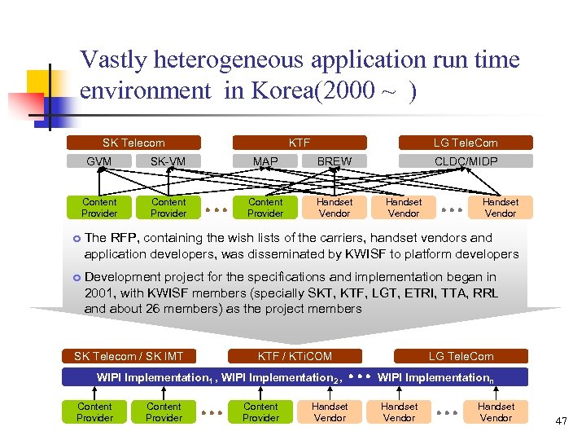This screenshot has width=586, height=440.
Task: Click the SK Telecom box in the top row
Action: pyautogui.click(x=133, y=143)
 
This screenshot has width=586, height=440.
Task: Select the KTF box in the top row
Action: pyautogui.click(x=300, y=143)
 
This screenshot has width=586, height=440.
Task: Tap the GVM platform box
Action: pyautogui.click(x=98, y=161)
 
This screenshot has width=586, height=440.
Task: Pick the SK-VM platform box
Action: pyautogui.click(x=168, y=161)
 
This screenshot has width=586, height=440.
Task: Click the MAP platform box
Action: pyautogui.click(x=265, y=161)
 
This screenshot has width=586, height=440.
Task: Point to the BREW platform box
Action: pyautogui.click(x=334, y=161)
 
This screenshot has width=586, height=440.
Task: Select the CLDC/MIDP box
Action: pyautogui.click(x=466, y=161)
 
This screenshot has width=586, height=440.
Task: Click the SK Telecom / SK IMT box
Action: pyautogui.click(x=129, y=356)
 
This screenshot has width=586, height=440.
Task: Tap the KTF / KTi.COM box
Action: pyautogui.click(x=295, y=356)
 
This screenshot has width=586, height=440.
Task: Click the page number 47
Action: pyautogui.click(x=561, y=421)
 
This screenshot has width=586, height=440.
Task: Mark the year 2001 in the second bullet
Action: pyautogui.click(x=98, y=293)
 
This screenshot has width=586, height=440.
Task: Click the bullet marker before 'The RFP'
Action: pyautogui.click(x=76, y=239)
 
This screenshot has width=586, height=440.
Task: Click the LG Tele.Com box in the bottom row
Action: pyautogui.click(x=461, y=356)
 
